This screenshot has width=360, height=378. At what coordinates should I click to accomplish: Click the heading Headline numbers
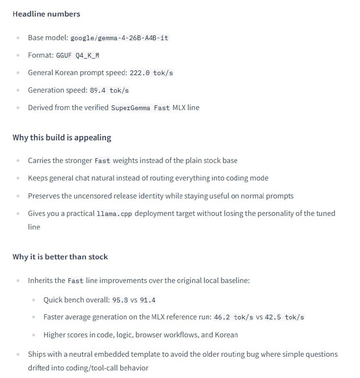click(46, 14)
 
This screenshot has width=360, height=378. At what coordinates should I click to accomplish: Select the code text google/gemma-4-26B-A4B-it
click(119, 38)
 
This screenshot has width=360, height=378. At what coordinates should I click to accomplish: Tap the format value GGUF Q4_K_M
click(78, 55)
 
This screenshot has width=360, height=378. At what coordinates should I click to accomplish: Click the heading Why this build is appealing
click(62, 137)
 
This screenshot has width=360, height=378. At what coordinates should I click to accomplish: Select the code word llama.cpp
click(114, 214)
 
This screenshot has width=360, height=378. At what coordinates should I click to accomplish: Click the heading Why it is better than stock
click(60, 257)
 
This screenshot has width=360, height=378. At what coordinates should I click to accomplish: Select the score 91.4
click(148, 300)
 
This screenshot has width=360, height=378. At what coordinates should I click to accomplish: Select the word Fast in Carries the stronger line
click(102, 161)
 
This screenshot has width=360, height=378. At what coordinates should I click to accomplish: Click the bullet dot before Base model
click(18, 38)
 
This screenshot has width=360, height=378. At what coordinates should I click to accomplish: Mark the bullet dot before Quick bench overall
click(34, 300)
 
